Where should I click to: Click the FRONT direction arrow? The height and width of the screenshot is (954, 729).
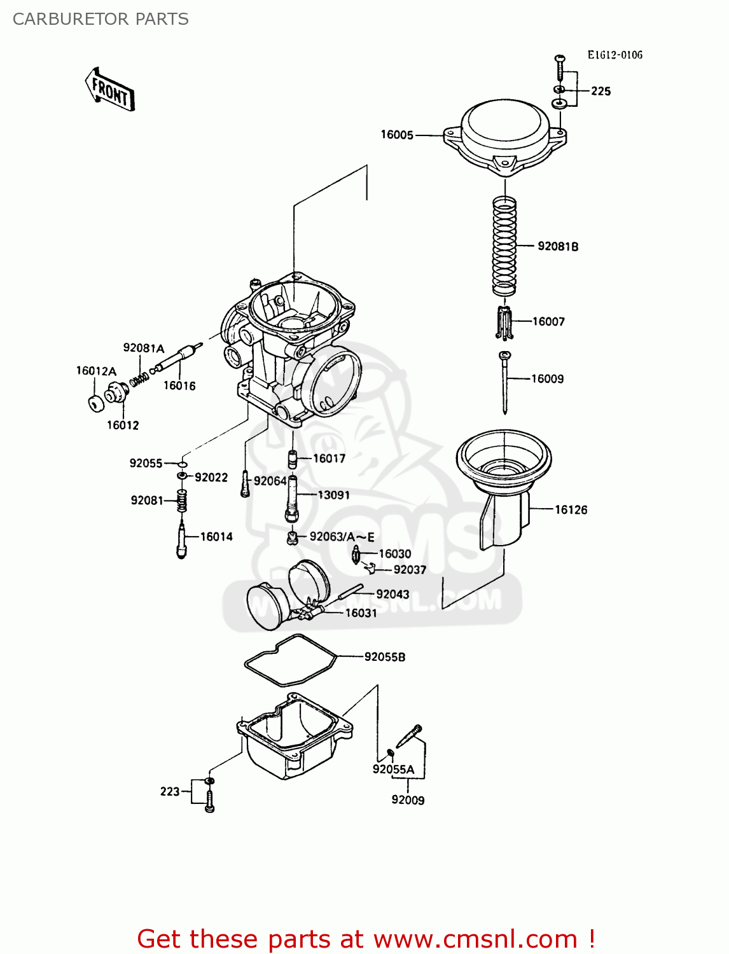[110, 90]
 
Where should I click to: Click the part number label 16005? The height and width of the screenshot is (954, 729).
[397, 135]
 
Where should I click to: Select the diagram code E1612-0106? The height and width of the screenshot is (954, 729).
[614, 55]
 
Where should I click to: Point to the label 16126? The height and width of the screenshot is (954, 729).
[571, 509]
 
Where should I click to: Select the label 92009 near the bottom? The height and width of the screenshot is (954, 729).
[408, 800]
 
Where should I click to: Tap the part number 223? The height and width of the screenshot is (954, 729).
[169, 791]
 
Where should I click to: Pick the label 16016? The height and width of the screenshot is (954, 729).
[179, 385]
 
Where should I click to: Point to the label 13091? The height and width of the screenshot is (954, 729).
[333, 495]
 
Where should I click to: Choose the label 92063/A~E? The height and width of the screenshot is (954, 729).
[342, 537]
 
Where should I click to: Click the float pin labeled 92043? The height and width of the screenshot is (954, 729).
[350, 591]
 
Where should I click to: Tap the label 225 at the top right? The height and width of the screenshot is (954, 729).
[601, 91]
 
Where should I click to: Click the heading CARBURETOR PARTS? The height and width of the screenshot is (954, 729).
[101, 19]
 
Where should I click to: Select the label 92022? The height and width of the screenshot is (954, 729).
[211, 477]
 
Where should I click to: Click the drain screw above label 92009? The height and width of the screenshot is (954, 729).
[408, 736]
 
